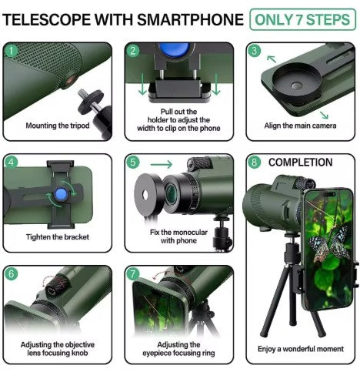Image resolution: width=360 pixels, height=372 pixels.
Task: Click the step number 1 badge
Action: pyautogui.click(x=11, y=51)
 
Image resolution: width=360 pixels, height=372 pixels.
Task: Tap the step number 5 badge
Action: pyautogui.click(x=133, y=163)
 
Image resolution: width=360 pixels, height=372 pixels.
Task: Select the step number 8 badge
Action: pyautogui.click(x=255, y=163)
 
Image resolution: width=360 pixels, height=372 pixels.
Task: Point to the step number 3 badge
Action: pyautogui.click(x=255, y=51)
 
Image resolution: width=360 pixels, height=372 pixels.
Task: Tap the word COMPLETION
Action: pyautogui.click(x=300, y=163)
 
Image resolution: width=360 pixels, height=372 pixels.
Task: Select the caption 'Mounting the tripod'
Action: pyautogui.click(x=58, y=126)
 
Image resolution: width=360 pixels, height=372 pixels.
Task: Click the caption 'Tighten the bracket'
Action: pyautogui.click(x=57, y=237)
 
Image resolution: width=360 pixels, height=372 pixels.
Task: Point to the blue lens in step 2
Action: pyautogui.click(x=170, y=50)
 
